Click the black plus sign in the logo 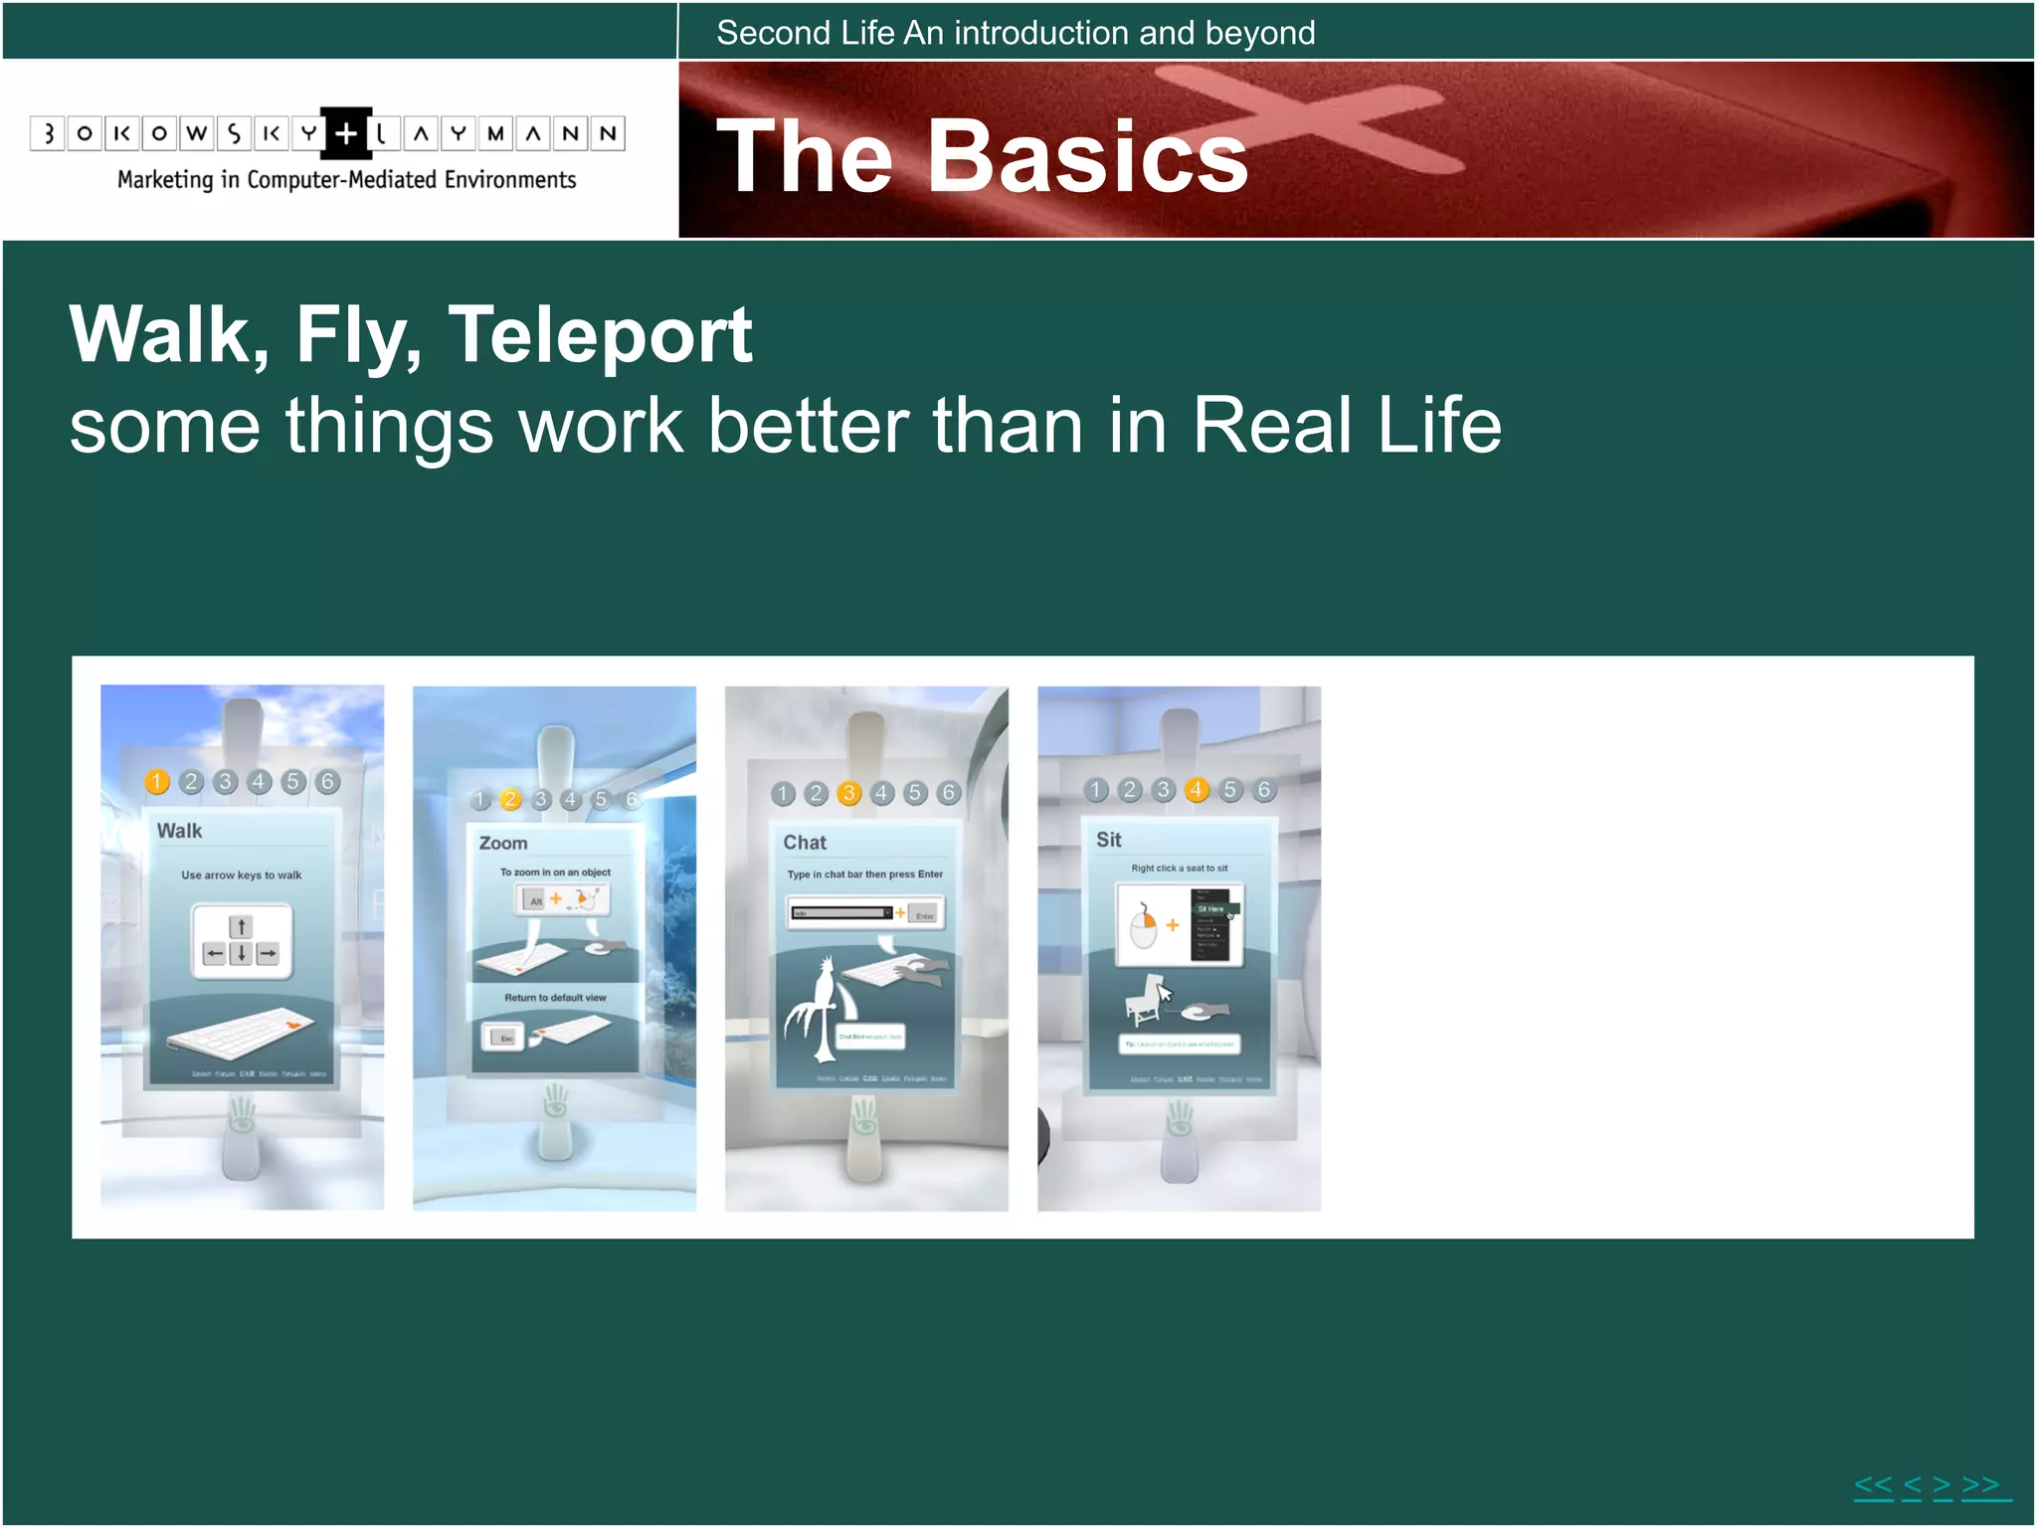coord(345,133)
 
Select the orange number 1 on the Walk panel coord(156,782)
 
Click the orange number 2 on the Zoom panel coord(510,799)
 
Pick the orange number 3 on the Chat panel coord(848,793)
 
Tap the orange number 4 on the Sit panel coord(1197,790)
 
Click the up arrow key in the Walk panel coord(241,927)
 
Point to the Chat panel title coord(804,843)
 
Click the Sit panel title coord(1108,840)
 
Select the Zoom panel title coord(502,843)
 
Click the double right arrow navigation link coord(1981,1486)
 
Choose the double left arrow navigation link coord(1873,1486)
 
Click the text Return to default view coord(554,998)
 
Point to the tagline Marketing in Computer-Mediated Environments coord(346,180)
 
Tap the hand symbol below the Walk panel coord(242,1115)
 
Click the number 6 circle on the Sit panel coord(1263,790)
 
